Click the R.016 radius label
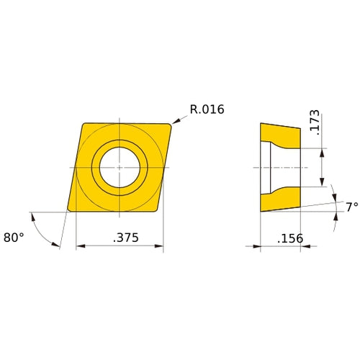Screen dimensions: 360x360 (207, 110)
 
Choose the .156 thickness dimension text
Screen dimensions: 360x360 (290, 238)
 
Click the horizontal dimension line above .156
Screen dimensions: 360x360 (280, 246)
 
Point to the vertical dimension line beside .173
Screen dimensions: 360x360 (322, 167)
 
